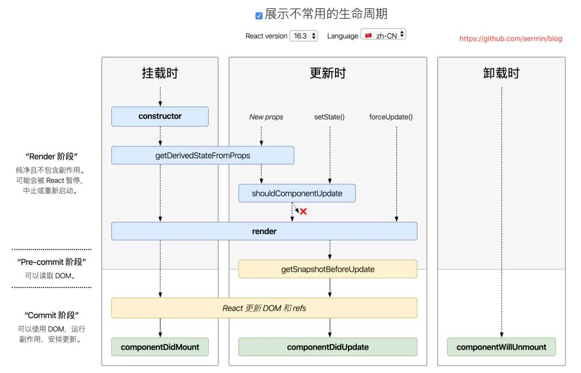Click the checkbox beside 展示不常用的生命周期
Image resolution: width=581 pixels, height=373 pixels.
[259, 16]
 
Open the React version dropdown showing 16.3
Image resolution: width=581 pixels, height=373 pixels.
[304, 36]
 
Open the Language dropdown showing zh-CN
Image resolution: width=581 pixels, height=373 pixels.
[383, 35]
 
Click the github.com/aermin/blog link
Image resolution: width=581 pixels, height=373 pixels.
[511, 39]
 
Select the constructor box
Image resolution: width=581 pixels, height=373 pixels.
[160, 117]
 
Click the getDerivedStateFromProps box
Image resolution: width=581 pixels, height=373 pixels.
[202, 155]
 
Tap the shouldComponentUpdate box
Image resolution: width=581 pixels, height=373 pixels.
[297, 194]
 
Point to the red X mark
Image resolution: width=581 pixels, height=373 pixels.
[304, 211]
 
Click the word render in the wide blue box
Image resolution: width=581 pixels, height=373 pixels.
[264, 231]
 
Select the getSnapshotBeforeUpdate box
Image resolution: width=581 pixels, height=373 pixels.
[328, 269]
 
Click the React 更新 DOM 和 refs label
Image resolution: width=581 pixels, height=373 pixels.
[264, 308]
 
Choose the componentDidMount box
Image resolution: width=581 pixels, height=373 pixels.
[160, 347]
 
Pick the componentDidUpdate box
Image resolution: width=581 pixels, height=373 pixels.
[328, 347]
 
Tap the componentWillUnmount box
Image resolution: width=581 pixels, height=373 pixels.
[501, 347]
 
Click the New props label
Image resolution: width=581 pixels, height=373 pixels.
[266, 117]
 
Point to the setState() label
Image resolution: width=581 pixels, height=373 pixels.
[329, 117]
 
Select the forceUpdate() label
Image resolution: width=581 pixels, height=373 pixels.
[391, 117]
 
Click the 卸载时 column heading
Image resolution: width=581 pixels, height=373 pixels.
[501, 74]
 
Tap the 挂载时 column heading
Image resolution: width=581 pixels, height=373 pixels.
[160, 74]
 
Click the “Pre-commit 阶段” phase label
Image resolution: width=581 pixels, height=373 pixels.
[52, 262]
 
